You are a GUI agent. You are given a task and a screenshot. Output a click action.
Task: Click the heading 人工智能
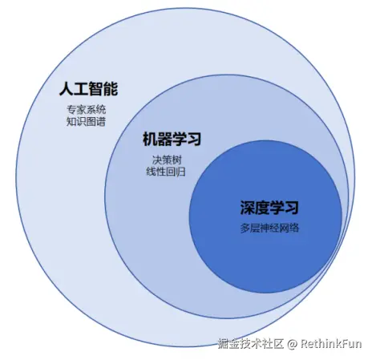[88, 88]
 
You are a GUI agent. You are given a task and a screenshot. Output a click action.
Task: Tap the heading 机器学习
[172, 139]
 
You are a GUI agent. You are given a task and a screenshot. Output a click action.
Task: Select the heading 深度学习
[269, 208]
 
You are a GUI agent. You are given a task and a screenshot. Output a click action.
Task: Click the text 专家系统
[86, 110]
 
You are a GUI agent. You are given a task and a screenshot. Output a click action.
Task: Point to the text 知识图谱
[86, 122]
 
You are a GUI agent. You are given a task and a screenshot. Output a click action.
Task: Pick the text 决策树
[167, 160]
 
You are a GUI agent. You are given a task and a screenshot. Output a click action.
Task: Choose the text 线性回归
[166, 172]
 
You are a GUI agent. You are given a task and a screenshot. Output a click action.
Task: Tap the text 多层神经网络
[269, 228]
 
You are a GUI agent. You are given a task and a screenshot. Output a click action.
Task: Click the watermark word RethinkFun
[331, 343]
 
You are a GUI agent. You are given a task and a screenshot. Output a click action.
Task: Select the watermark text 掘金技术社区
[250, 344]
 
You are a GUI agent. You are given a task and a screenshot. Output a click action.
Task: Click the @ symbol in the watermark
[292, 344]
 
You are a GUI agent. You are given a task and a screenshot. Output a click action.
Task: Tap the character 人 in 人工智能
[67, 88]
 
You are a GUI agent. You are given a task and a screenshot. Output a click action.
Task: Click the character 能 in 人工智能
[111, 88]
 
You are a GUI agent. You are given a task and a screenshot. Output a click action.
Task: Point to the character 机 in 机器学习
[150, 139]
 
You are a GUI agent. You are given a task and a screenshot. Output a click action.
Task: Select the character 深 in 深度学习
[247, 208]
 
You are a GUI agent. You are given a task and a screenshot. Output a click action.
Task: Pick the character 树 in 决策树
[177, 160]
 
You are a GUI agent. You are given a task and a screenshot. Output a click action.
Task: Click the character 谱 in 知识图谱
[101, 122]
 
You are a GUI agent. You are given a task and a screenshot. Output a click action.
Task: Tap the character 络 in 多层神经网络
[294, 228]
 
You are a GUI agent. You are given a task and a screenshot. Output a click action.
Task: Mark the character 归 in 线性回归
[180, 172]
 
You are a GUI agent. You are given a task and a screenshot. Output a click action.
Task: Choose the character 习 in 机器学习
[194, 139]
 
